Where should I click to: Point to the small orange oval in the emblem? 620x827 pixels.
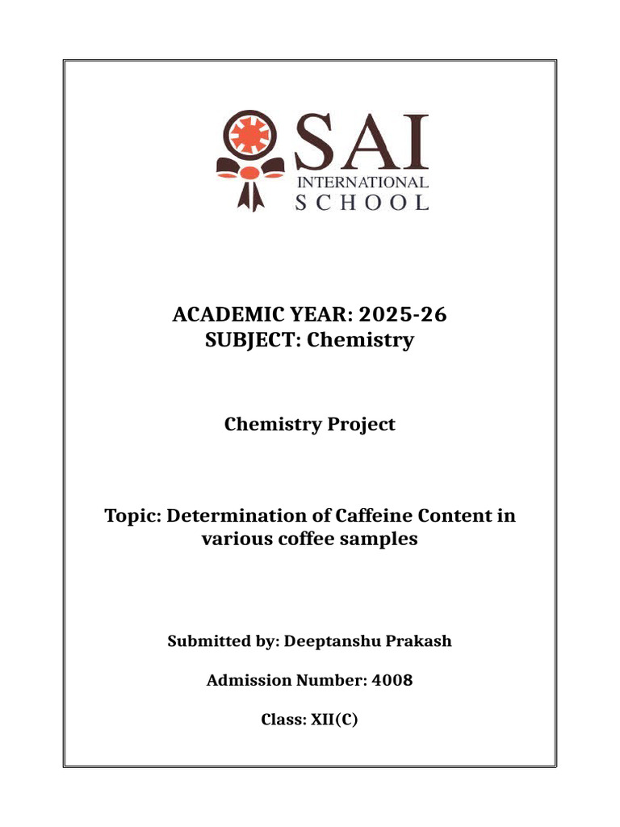[249, 172]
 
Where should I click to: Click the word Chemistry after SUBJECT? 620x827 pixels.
[363, 340]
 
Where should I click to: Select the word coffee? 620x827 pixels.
[312, 539]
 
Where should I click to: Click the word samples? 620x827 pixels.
[383, 539]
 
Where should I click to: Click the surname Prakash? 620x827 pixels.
[419, 642]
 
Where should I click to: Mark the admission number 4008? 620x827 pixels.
[392, 680]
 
